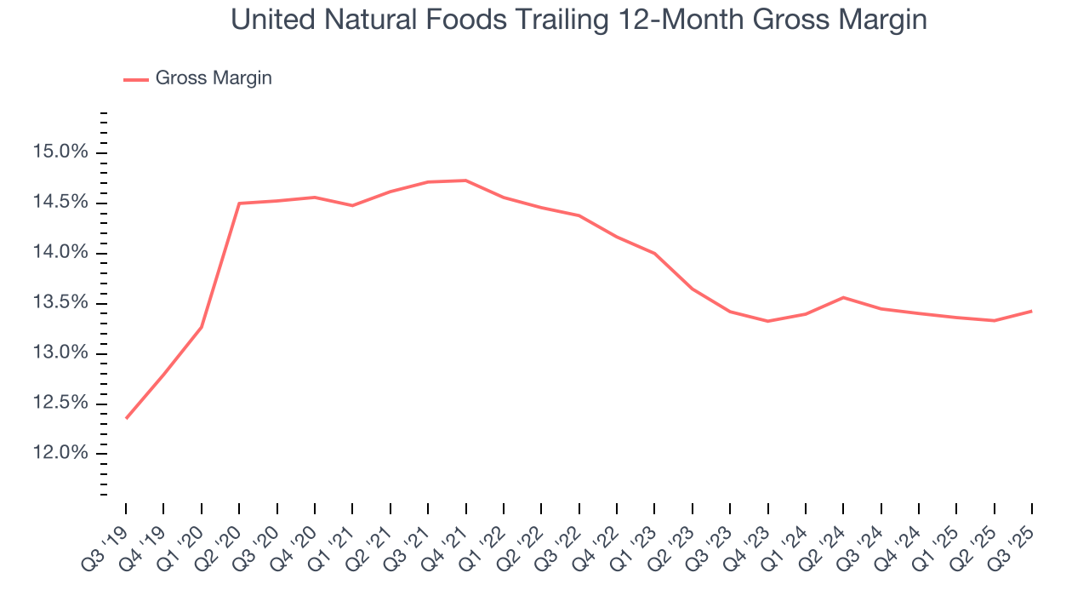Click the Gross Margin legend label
click(x=214, y=78)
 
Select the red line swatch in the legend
click(x=136, y=79)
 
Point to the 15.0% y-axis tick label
click(x=60, y=152)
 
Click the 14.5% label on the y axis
click(x=60, y=203)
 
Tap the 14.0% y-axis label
click(x=60, y=253)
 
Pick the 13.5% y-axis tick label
click(x=60, y=303)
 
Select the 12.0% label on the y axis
click(x=60, y=453)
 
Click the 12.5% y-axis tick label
click(x=60, y=403)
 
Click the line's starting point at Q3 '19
click(x=126, y=418)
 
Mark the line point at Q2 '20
click(x=239, y=203)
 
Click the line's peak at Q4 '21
click(x=465, y=180)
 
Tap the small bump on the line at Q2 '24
click(x=843, y=297)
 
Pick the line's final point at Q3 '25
click(x=1031, y=311)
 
